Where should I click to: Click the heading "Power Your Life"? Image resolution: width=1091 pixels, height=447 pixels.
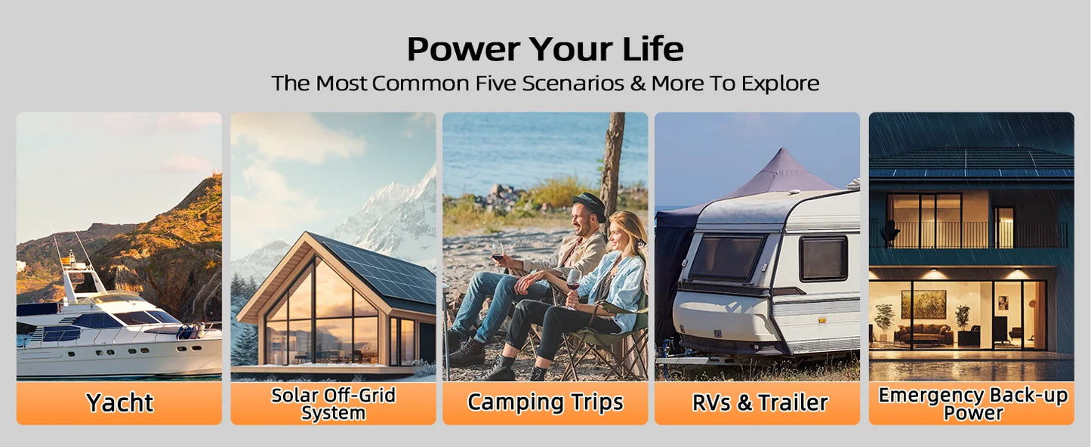pyautogui.click(x=545, y=49)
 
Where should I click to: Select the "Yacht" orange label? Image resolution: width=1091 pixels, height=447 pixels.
pyautogui.click(x=119, y=403)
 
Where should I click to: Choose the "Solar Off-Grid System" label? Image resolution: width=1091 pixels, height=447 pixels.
pyautogui.click(x=333, y=404)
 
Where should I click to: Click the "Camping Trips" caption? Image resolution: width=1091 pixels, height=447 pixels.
pyautogui.click(x=545, y=402)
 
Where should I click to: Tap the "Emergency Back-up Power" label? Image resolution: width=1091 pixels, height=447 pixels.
pyautogui.click(x=972, y=404)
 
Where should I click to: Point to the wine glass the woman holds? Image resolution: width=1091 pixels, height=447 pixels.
pyautogui.click(x=573, y=279)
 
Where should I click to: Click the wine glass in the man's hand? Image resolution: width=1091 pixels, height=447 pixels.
pyautogui.click(x=498, y=251)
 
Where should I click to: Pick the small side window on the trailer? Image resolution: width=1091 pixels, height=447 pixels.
pyautogui.click(x=823, y=257)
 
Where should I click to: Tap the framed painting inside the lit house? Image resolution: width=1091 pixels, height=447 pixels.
pyautogui.click(x=923, y=304)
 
